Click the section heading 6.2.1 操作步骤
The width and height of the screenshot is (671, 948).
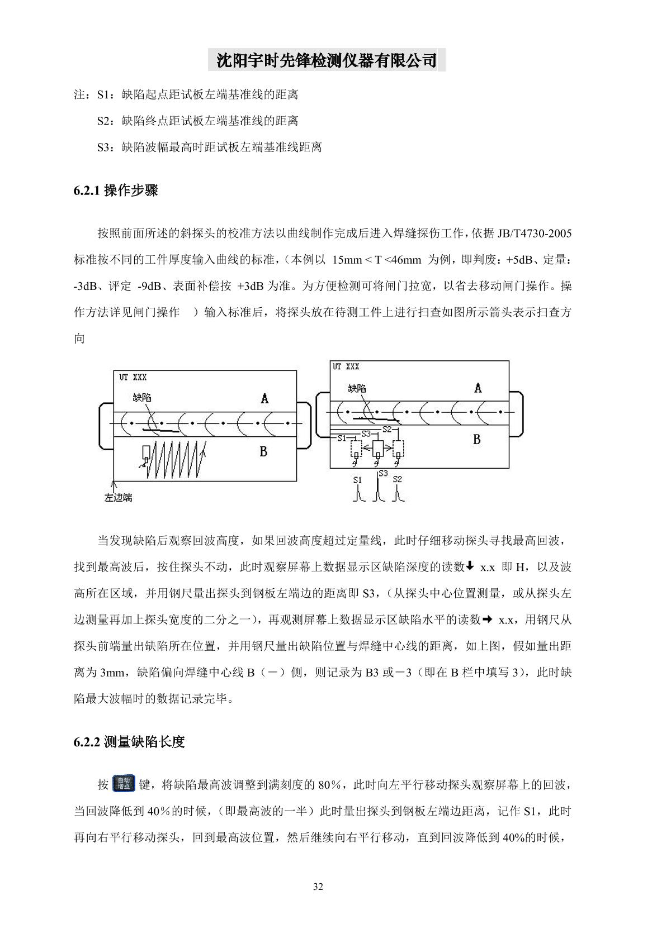115,191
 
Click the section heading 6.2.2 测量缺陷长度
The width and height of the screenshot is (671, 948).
129,742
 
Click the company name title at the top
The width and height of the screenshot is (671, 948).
327,60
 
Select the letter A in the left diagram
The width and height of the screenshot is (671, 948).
264,398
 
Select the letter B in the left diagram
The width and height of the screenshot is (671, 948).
263,451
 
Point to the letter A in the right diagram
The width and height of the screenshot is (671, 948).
478,388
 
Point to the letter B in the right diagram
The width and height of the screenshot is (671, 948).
476,440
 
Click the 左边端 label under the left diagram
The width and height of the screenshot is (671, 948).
118,497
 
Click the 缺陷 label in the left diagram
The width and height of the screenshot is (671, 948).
142,398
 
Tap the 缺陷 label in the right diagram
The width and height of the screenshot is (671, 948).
357,388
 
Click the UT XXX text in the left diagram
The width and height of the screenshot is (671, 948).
133,378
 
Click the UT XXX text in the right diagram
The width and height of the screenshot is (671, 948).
346,366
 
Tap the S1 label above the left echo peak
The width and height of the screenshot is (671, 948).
358,479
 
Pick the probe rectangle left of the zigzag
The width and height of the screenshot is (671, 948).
147,452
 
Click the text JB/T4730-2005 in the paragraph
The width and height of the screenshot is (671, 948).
534,233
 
